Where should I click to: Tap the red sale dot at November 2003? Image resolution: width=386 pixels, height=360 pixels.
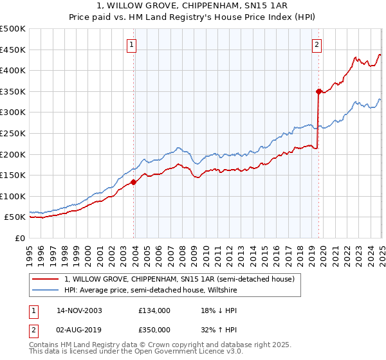[134, 182]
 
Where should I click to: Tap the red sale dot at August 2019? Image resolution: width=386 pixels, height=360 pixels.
[318, 91]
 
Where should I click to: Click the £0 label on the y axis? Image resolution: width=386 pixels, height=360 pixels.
[21, 238]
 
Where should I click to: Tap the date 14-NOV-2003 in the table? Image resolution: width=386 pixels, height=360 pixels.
[79, 310]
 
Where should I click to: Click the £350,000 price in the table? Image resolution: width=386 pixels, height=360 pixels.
[154, 329]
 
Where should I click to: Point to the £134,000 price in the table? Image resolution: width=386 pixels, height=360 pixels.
[154, 310]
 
